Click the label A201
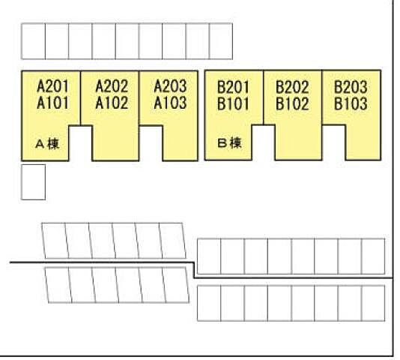click(52, 86)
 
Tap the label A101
click(52, 103)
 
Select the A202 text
click(112, 86)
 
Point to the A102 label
click(112, 103)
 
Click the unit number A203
click(170, 86)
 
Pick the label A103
click(170, 103)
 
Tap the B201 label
click(233, 87)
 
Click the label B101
click(233, 103)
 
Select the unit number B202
click(292, 87)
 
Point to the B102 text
click(292, 103)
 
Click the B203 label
click(351, 87)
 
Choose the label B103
click(351, 103)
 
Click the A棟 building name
click(47, 144)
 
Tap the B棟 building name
click(229, 143)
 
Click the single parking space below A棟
click(34, 182)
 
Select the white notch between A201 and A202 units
click(81, 143)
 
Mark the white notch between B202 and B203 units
click(333, 142)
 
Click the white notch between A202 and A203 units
click(151, 143)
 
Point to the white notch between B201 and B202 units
click(263, 142)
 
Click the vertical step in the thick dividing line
click(195, 270)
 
